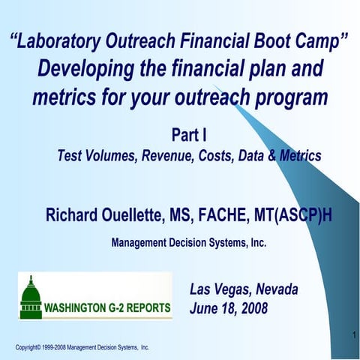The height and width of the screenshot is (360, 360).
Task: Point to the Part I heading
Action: point(189,136)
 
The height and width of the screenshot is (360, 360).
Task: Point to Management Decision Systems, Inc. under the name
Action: point(188,243)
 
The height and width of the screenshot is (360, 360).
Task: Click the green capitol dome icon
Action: point(31,297)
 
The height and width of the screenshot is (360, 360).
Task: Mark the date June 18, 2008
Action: point(229,308)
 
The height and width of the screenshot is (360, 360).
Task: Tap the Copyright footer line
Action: point(82,348)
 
